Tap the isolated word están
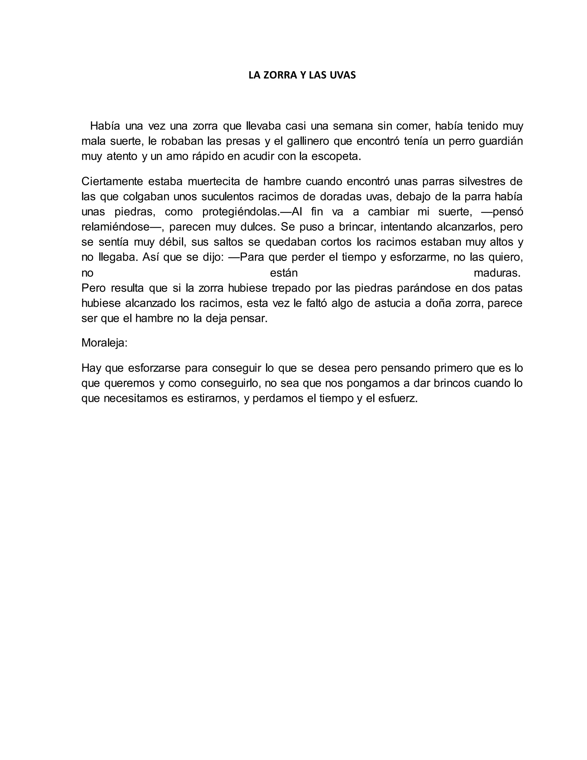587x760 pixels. (x=284, y=273)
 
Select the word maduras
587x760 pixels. (x=497, y=273)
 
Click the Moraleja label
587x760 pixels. (x=104, y=343)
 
